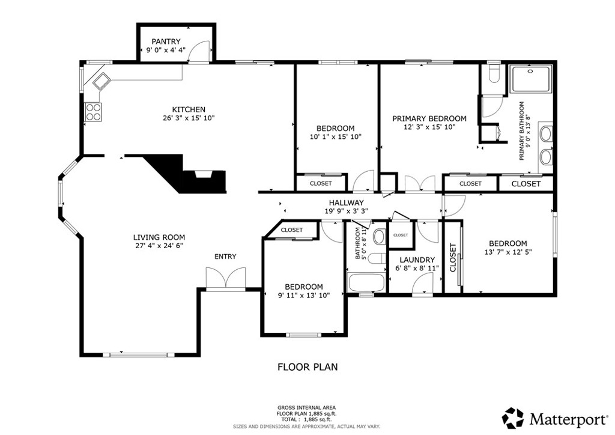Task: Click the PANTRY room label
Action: click(x=166, y=41)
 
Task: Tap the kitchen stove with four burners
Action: click(x=93, y=112)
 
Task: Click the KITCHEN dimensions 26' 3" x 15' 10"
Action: click(x=189, y=118)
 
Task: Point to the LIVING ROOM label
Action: click(x=159, y=237)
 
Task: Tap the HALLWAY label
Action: click(x=346, y=202)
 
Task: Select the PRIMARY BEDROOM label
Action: click(x=429, y=118)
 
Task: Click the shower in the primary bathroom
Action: click(x=532, y=79)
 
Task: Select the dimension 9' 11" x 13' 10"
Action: click(x=303, y=295)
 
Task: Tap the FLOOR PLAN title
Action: click(x=307, y=367)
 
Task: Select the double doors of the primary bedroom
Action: click(x=419, y=183)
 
